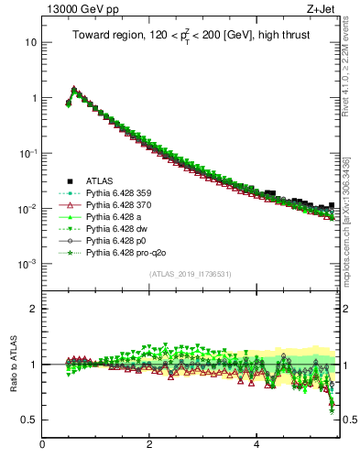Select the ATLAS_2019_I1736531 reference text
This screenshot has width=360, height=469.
[191, 274]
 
